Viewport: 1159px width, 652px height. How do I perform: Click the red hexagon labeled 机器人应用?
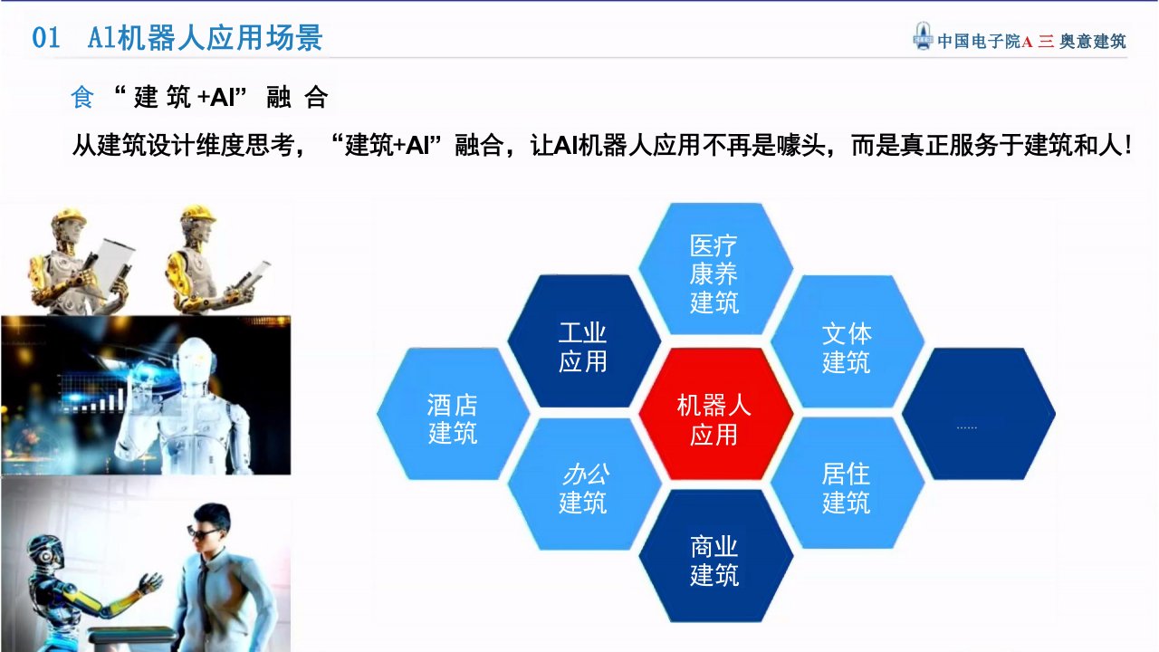tap(715, 414)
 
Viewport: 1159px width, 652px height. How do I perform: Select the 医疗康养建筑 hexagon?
tap(715, 269)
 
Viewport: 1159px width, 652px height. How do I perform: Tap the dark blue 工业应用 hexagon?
tap(584, 341)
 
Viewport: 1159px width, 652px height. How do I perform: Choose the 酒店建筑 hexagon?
tap(453, 414)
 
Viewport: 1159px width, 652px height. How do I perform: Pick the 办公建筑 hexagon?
tap(584, 484)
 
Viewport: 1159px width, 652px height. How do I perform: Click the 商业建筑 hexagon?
tap(715, 556)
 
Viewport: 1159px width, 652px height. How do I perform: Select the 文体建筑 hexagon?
tap(847, 341)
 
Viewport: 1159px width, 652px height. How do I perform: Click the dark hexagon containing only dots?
tap(979, 414)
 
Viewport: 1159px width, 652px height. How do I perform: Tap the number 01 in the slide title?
tap(46, 38)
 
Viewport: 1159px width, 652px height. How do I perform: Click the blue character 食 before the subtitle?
tap(82, 97)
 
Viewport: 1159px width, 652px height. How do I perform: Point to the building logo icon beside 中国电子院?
tap(923, 36)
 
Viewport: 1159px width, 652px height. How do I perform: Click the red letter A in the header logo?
tap(1027, 42)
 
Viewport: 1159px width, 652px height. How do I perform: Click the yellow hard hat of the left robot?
tap(70, 216)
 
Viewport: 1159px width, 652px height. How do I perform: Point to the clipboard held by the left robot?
tap(113, 267)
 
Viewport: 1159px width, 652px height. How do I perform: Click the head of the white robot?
tap(195, 359)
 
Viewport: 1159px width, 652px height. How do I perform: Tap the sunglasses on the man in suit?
tap(202, 532)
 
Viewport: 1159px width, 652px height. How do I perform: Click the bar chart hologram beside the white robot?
tap(93, 394)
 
